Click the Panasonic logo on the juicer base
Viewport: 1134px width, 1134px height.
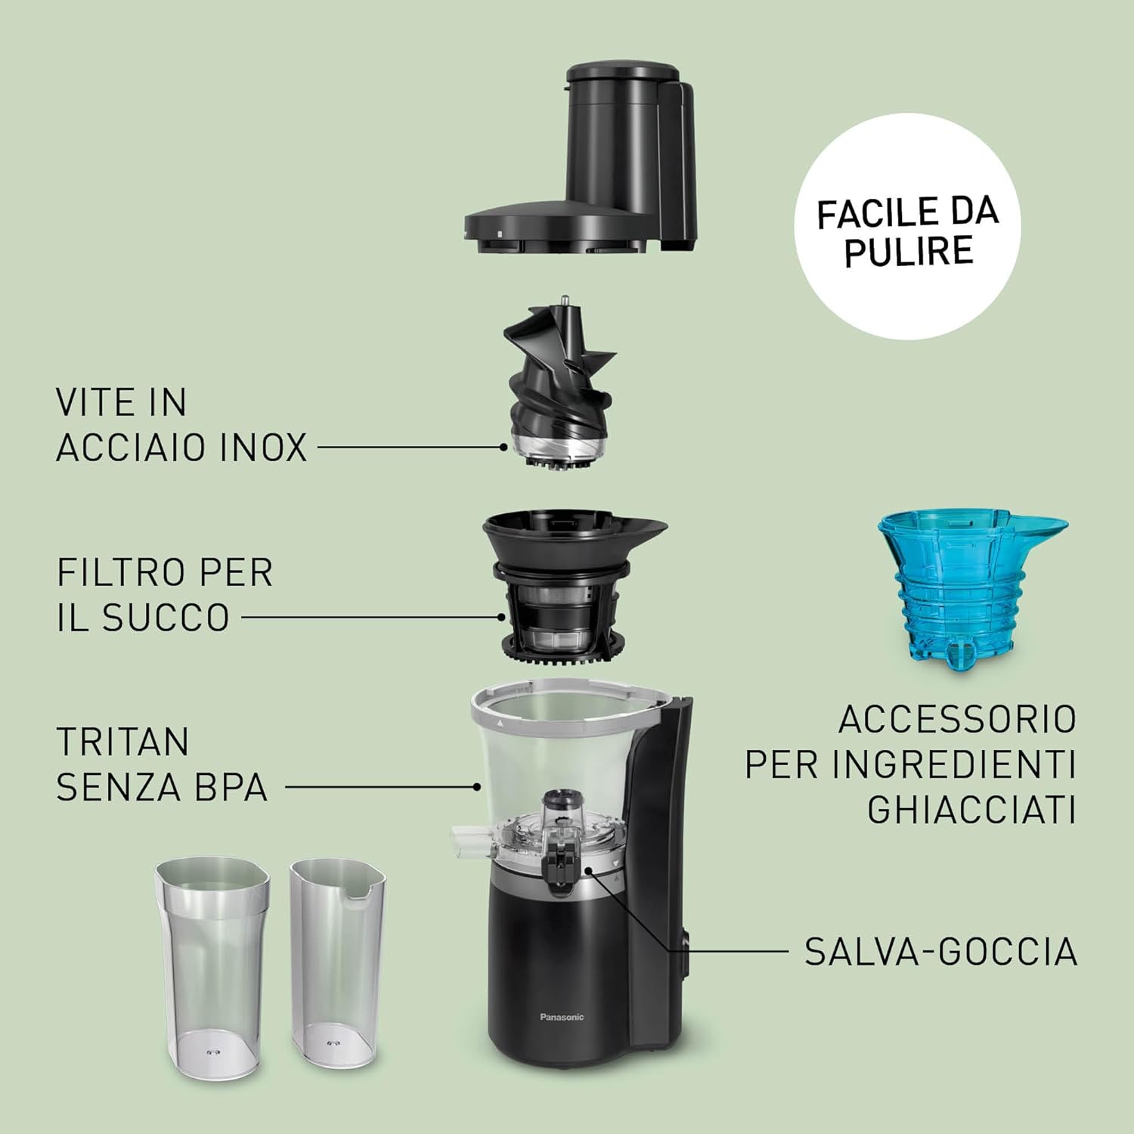point(562,1018)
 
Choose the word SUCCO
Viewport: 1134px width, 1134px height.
point(166,618)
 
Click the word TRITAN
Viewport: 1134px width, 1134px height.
point(122,742)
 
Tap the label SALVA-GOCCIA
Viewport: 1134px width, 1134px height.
point(940,951)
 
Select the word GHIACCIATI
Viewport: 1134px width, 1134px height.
point(971,810)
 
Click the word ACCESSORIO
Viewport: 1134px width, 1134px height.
point(957,719)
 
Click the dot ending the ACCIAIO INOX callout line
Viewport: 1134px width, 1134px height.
point(503,448)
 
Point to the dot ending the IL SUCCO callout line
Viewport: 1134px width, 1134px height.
point(501,617)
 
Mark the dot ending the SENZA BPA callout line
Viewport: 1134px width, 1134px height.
point(477,787)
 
